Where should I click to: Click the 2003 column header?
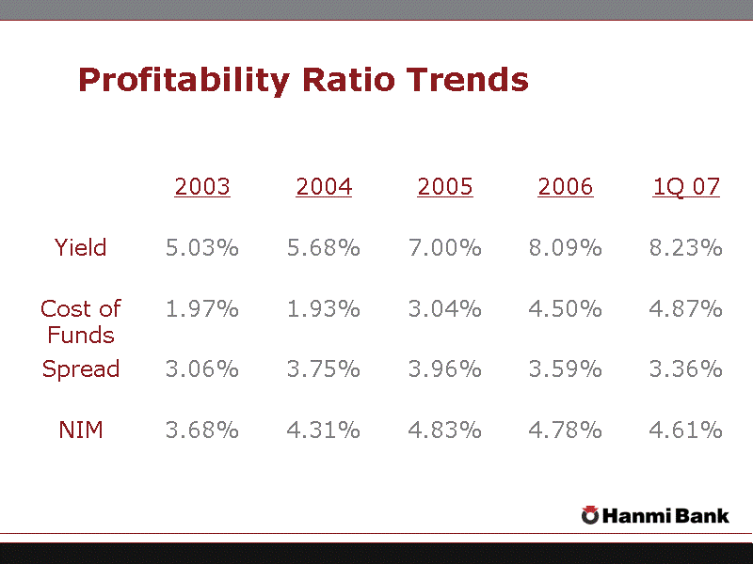point(202,187)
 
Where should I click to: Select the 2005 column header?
point(445,187)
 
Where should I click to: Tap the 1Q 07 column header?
point(686,187)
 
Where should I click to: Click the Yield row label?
point(81,248)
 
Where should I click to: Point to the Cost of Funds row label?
point(81,321)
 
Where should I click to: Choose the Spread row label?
point(81,369)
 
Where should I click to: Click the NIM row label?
point(81,431)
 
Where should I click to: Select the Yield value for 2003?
point(202,248)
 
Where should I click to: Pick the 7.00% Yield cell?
point(445,248)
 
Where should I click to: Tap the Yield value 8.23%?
point(686,248)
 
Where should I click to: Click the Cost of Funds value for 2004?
point(324,309)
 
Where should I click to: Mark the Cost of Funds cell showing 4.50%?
point(566,309)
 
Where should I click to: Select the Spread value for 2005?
point(445,369)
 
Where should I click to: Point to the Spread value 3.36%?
point(686,369)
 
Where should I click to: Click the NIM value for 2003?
point(202,431)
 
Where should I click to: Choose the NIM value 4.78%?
point(566,431)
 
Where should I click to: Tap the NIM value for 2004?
point(324,431)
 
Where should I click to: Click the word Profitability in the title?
point(184,80)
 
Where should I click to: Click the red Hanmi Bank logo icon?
point(590,514)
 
